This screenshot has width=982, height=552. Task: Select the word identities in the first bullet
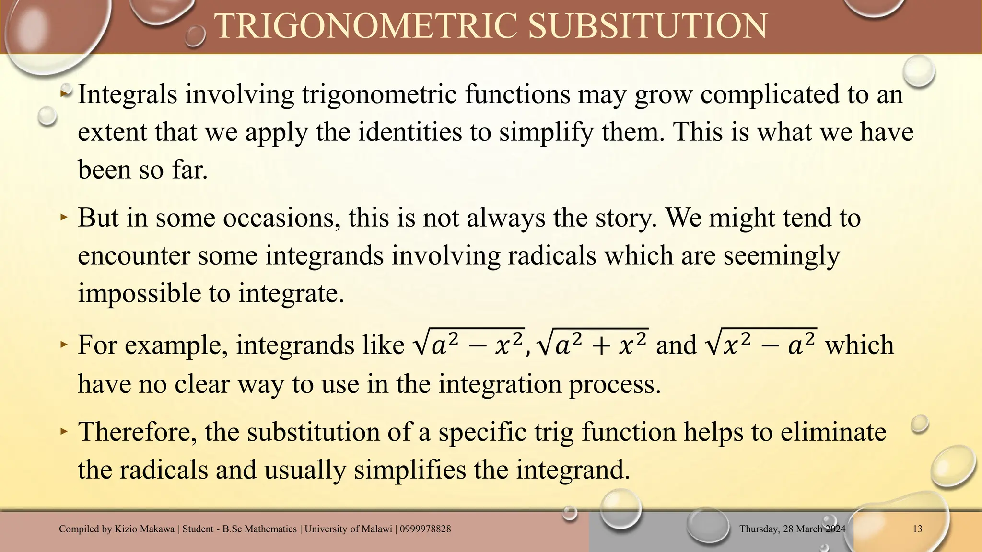pos(410,132)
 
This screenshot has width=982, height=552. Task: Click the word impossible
pos(140,293)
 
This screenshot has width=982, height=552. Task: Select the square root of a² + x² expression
pos(593,344)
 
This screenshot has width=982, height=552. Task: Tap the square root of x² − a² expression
pos(761,344)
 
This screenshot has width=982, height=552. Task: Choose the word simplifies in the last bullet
pos(410,469)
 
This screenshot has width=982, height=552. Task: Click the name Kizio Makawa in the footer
pos(144,529)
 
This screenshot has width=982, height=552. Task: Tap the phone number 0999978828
pos(425,529)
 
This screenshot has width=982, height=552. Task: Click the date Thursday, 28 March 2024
pos(792,529)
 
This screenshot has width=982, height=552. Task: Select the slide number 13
pos(917,529)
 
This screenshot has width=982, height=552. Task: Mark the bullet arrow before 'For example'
pos(64,345)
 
